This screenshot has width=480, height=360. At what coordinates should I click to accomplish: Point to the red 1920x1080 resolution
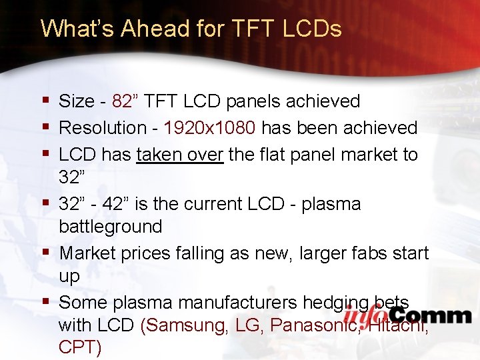209,127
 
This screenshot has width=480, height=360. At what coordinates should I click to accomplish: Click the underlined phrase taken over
179,155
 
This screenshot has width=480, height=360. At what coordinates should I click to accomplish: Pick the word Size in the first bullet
77,101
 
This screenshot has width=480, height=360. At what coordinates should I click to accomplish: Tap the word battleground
110,227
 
